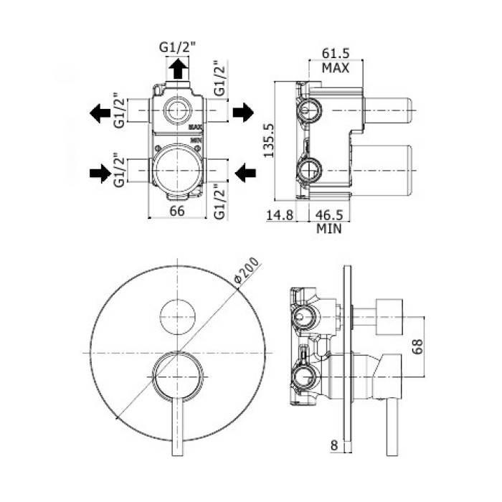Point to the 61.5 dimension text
pos(335,55)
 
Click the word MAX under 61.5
pos(335,68)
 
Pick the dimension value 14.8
pos(280,214)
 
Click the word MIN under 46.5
pos(328,229)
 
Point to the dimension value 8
pos(335,445)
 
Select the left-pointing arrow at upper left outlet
pos(100,112)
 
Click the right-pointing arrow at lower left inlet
pos(100,172)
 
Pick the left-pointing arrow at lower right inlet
pos(245,171)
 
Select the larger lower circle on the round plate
pos(178,376)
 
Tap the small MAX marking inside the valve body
pos(196,127)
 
